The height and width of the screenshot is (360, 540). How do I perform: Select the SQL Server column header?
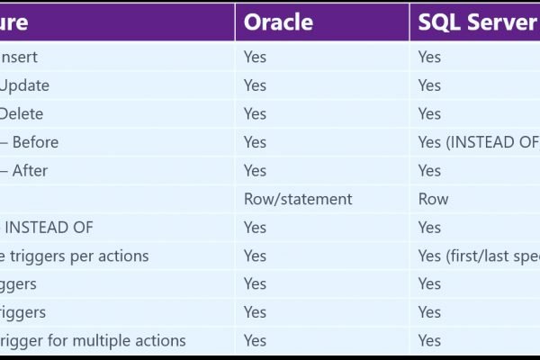(477, 22)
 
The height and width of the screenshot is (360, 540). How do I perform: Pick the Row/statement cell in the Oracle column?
(297, 199)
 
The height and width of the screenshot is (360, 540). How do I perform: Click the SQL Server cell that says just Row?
(433, 199)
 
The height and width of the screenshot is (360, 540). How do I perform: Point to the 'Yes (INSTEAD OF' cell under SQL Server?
(478, 142)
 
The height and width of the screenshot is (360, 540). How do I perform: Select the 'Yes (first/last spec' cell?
(478, 256)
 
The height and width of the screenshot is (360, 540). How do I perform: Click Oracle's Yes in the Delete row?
(255, 113)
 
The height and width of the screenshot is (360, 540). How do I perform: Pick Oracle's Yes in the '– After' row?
(255, 170)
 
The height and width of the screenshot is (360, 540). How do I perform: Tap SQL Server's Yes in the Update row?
(429, 85)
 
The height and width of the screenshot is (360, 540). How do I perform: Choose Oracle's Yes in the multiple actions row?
(255, 340)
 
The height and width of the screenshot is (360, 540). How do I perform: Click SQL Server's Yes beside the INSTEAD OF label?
(429, 228)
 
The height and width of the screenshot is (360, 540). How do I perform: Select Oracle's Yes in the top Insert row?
(255, 57)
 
